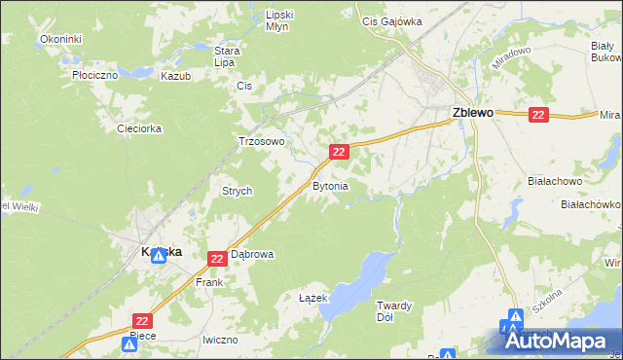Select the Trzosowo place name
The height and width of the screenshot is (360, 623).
pos(262,141)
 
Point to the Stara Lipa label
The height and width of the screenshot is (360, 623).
pos(227,55)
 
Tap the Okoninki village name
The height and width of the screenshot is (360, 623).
pos(60,39)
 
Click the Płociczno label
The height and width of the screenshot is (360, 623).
pos(94,74)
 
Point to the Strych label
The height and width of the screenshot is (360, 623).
pos(238,192)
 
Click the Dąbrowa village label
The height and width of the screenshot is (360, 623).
pos(252,255)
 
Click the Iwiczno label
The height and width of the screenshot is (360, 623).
pos(220,340)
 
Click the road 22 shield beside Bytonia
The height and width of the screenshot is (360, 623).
pos(339,152)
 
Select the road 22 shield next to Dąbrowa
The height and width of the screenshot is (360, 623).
pos(217,257)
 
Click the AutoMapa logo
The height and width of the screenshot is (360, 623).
pos(560,341)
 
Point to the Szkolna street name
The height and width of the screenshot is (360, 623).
pos(548,309)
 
